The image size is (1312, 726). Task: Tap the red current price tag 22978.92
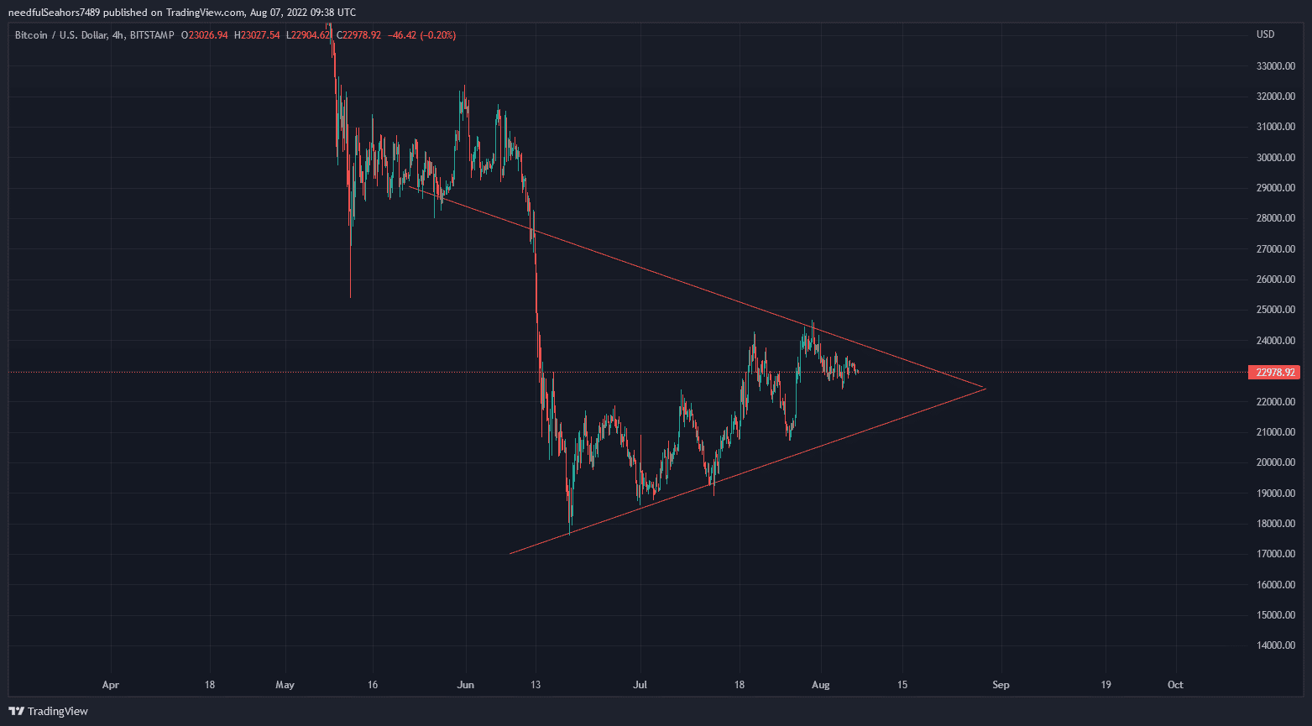1273,372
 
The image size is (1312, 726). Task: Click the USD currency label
1265,34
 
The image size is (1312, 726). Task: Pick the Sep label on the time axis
1001,685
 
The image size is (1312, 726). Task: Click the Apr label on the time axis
110,685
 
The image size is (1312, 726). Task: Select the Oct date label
1175,685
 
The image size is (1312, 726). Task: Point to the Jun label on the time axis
465,685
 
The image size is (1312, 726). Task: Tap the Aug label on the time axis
821,685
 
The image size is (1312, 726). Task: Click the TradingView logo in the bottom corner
49,711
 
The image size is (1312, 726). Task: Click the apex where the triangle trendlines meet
985,388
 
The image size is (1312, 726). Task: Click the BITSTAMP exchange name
152,35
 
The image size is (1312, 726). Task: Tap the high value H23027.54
257,35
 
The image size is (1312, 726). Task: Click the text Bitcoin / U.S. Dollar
60,35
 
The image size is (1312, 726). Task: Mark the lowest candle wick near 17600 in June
570,533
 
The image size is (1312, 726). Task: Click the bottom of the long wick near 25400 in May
350,296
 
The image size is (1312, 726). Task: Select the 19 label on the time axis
1106,685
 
